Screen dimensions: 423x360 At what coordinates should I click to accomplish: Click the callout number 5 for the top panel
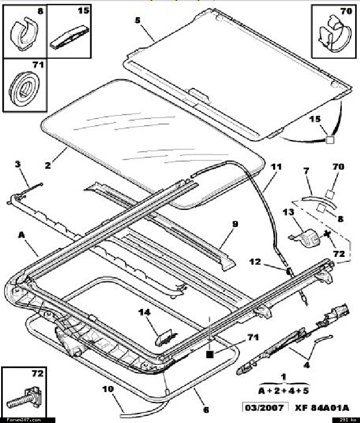(137, 21)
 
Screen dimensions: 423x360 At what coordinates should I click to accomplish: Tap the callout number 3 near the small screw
(18, 164)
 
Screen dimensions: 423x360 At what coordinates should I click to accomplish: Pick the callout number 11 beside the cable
(276, 166)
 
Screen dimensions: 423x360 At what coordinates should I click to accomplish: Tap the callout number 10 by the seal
(107, 389)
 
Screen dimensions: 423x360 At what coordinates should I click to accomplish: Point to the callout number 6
(206, 410)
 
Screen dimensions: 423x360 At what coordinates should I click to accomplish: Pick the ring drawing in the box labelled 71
(23, 89)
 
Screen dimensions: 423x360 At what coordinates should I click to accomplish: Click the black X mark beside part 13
(327, 234)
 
